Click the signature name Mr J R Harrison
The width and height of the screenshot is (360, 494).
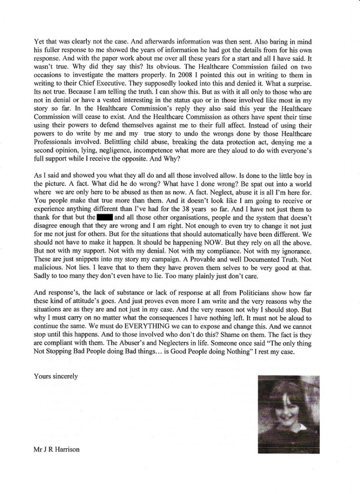pos(56,449)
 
